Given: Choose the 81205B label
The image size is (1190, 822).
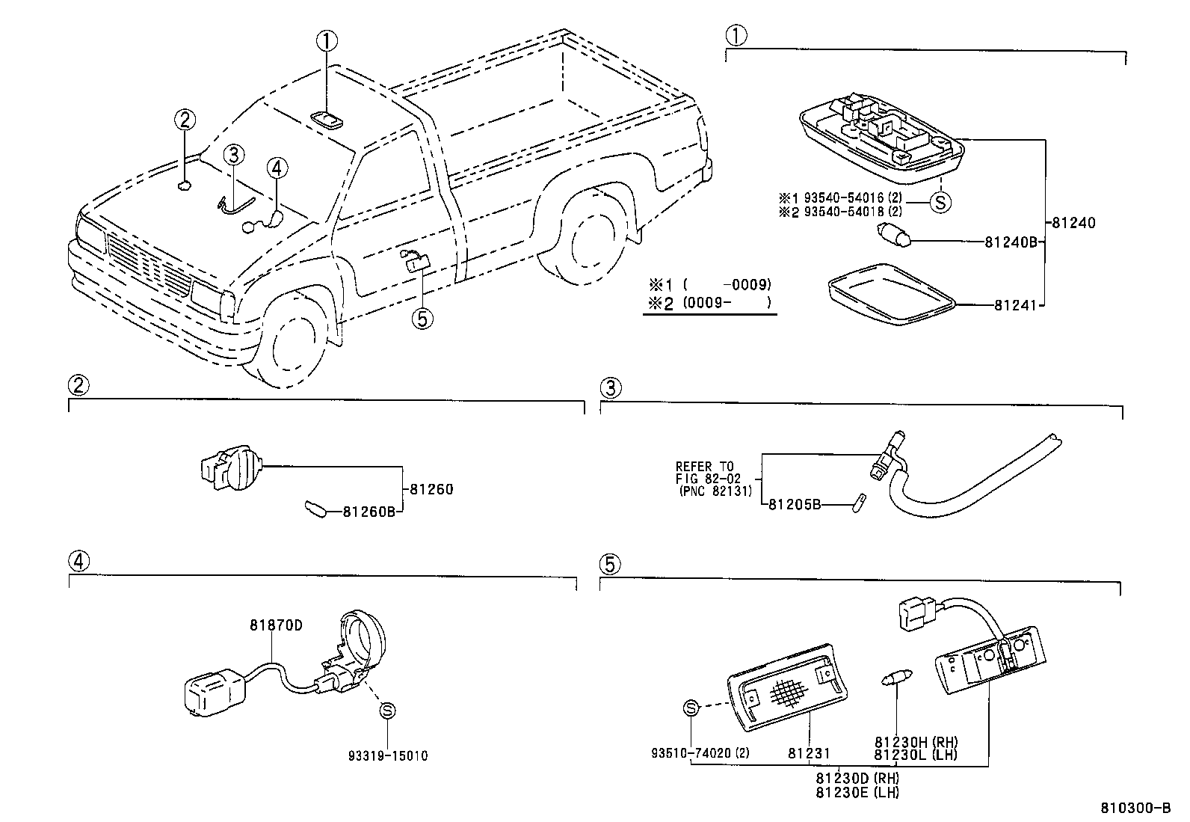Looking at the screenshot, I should (795, 505).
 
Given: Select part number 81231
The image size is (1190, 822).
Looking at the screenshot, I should (809, 754).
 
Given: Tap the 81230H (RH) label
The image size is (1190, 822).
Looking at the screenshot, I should (916, 742).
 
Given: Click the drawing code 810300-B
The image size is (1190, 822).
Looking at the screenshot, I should (1135, 809).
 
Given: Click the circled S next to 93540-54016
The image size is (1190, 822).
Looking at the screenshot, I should (940, 201).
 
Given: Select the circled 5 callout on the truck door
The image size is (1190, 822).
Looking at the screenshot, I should (422, 319).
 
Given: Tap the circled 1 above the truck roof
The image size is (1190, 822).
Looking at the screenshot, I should (327, 40).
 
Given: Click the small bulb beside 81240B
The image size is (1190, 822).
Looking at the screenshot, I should (893, 239).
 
